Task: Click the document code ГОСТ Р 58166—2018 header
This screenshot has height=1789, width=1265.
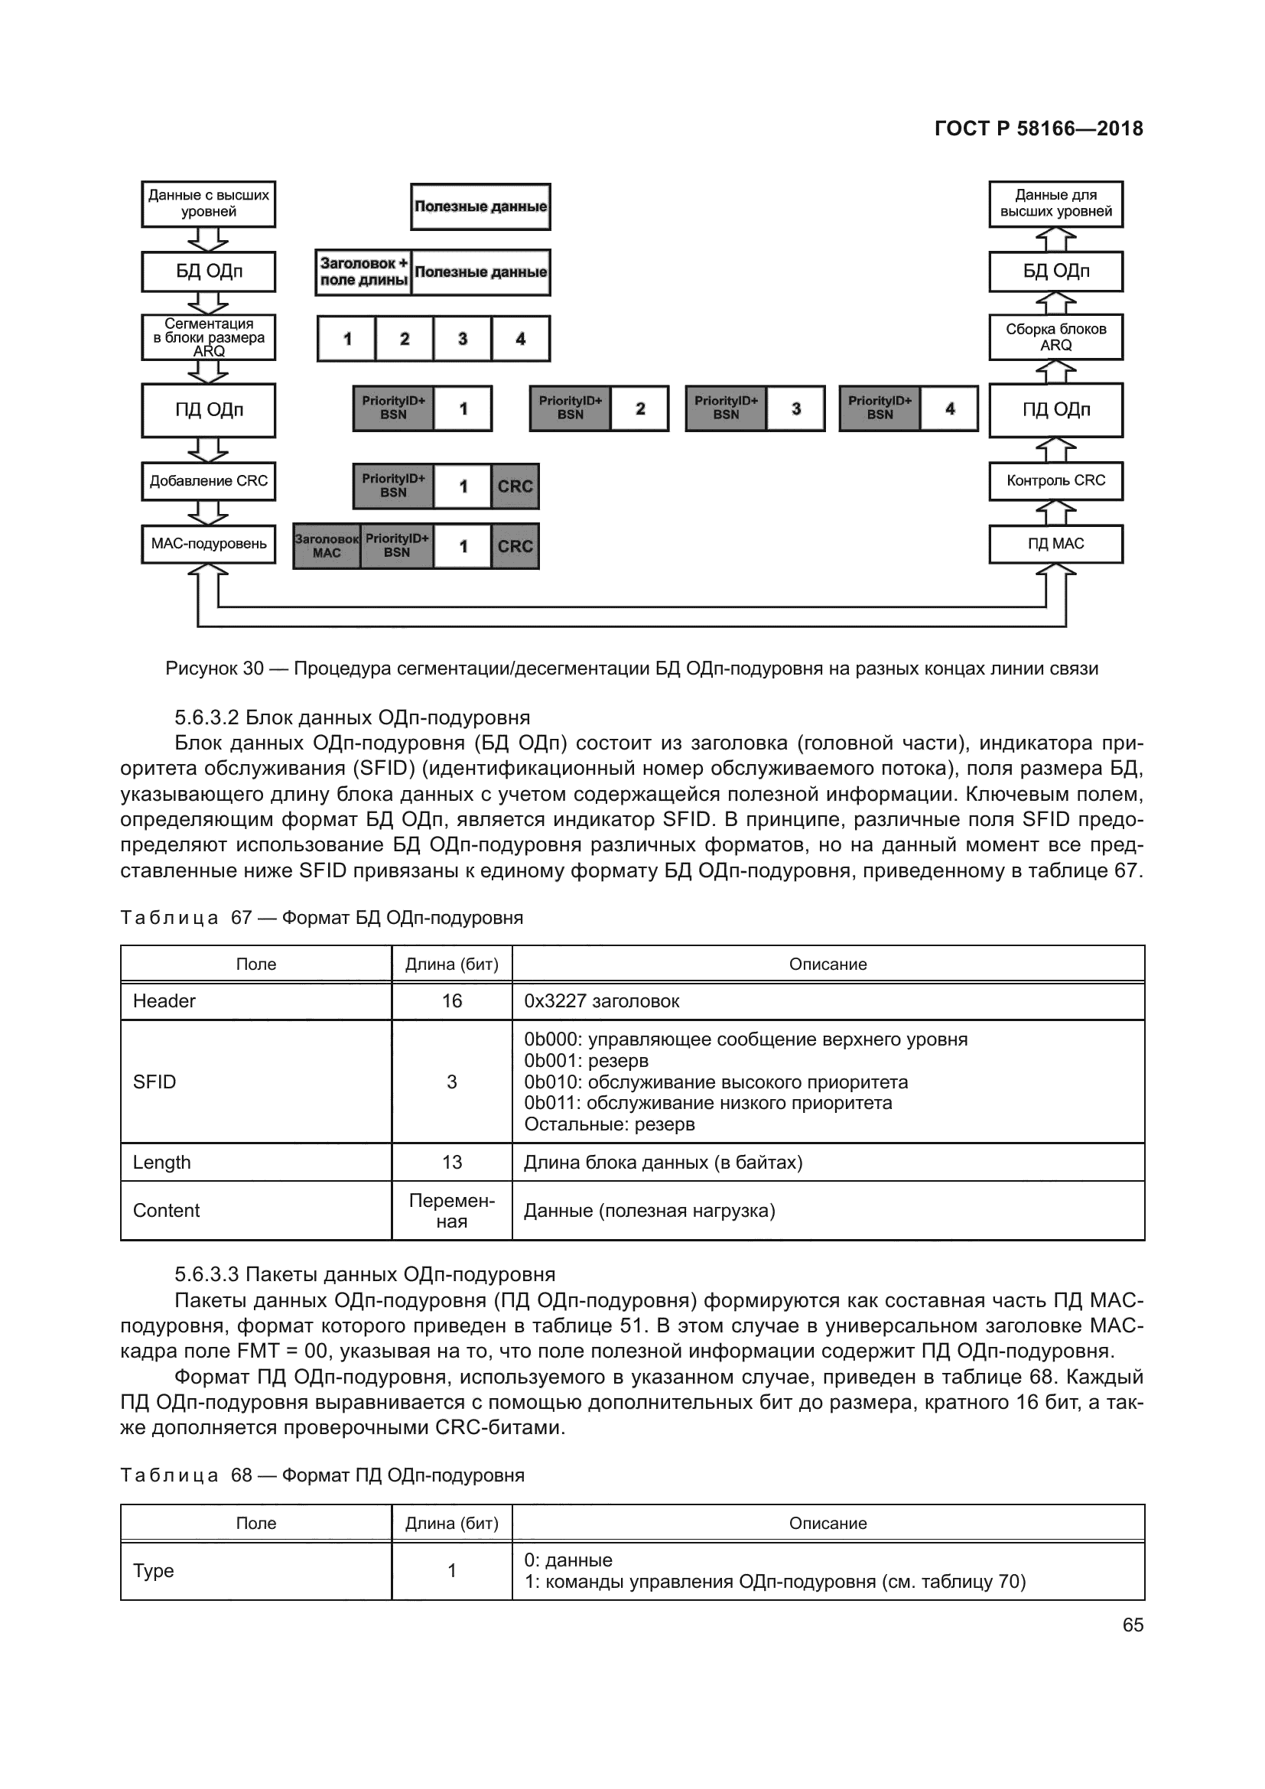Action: point(1039,128)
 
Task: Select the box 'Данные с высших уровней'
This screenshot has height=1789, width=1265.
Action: point(208,204)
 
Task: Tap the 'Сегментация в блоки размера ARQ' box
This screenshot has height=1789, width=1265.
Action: point(208,337)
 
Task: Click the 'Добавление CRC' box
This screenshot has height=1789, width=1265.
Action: point(208,481)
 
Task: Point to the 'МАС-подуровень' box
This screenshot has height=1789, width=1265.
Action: point(208,544)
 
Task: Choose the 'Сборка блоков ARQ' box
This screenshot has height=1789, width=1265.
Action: point(1055,337)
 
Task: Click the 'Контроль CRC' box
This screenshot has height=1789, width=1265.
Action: point(1055,481)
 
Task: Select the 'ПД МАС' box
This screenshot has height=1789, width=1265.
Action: point(1055,544)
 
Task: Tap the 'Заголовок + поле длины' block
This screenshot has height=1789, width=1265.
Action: point(364,272)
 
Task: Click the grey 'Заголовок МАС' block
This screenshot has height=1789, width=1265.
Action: point(327,546)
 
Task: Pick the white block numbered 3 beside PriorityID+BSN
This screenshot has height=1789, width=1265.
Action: point(795,409)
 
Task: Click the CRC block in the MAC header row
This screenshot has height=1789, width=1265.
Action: point(515,546)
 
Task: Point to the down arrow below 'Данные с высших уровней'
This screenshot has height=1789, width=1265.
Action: point(208,239)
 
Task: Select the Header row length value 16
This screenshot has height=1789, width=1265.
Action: point(452,1001)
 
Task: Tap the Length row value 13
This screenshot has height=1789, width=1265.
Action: point(452,1163)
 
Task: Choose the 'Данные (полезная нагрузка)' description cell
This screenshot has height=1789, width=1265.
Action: point(649,1211)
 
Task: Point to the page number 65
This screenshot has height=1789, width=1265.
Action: point(1133,1625)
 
